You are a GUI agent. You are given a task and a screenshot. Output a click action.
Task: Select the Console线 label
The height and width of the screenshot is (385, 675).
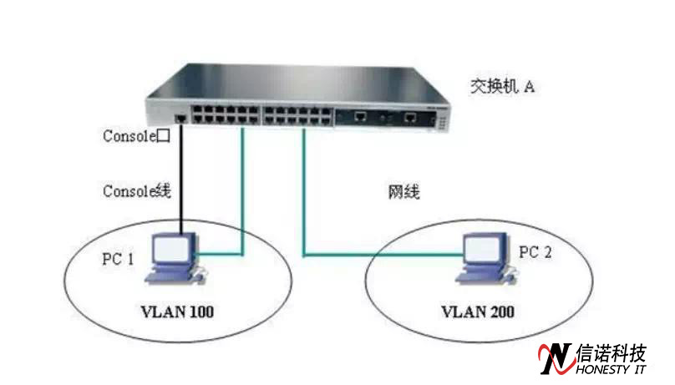click(136, 191)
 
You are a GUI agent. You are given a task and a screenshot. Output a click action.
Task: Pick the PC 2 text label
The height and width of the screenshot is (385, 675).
click(535, 252)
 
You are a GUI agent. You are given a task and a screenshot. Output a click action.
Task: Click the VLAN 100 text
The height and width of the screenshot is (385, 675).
click(178, 312)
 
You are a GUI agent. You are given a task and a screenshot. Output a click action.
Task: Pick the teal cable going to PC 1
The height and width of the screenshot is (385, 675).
click(242, 200)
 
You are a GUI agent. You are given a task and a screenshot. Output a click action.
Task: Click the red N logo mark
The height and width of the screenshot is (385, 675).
click(555, 357)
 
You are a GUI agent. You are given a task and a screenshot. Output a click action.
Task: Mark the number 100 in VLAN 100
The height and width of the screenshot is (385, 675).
click(200, 312)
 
